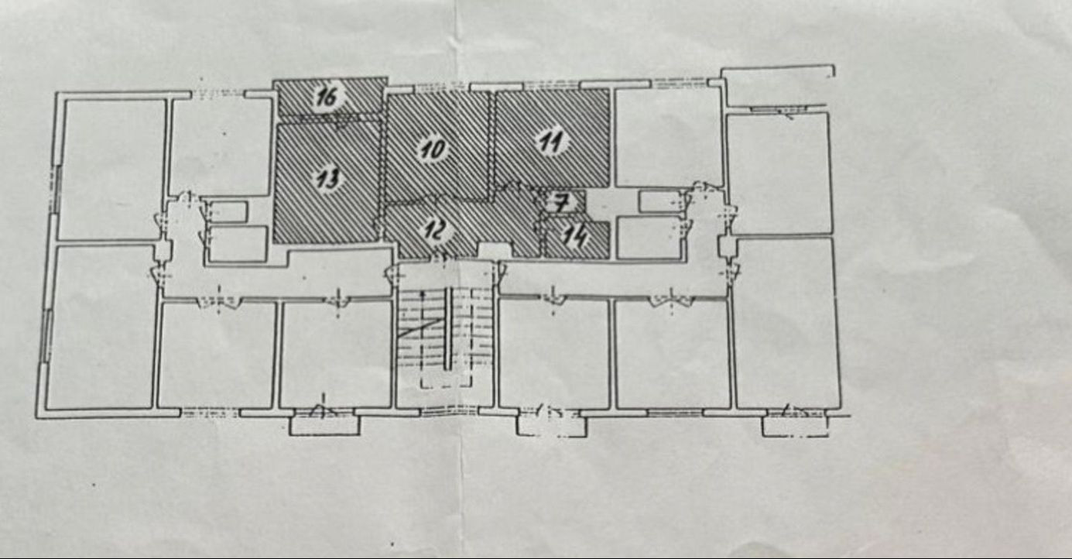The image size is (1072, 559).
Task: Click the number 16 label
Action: (x=328, y=97)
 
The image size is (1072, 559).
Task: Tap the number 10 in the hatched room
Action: (x=433, y=149)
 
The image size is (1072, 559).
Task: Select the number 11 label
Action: (x=552, y=142)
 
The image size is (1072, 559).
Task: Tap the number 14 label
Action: (x=575, y=236)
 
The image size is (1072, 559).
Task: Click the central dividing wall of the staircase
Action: (x=448, y=328)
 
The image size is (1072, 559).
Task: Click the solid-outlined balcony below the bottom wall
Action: (x=324, y=425)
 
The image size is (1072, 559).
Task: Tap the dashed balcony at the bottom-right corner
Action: (x=795, y=426)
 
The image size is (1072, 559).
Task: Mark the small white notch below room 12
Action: (x=495, y=250)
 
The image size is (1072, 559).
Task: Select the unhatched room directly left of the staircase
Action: (x=335, y=355)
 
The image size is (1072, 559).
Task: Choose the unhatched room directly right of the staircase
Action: (x=554, y=353)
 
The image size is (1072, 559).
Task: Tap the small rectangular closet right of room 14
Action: (x=649, y=238)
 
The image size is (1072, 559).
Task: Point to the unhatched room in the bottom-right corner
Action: (x=788, y=324)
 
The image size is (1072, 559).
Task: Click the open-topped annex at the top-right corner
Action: (x=778, y=86)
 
